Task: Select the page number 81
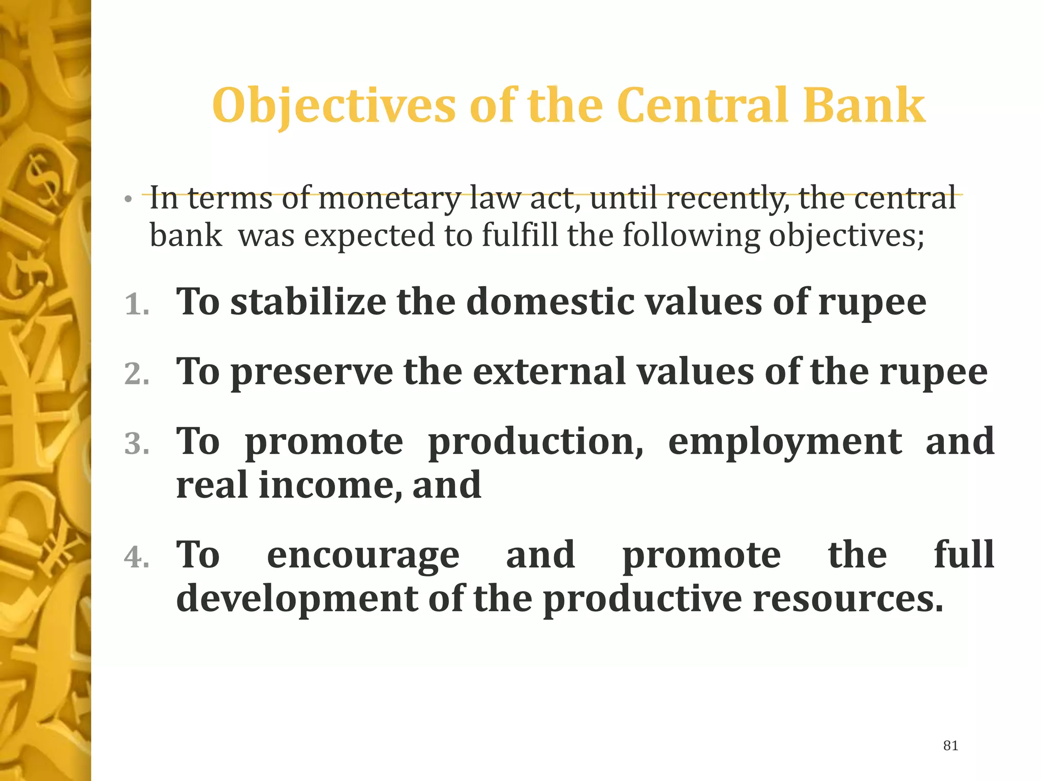(x=951, y=745)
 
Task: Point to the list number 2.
(x=136, y=375)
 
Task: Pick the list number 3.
(x=136, y=444)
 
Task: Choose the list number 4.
(x=136, y=557)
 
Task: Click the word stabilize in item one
(x=308, y=302)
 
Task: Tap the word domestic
(x=550, y=302)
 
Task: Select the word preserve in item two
(x=312, y=373)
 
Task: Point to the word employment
(x=785, y=441)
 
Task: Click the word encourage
(x=363, y=555)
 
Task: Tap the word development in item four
(x=297, y=599)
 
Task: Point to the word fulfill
(x=519, y=235)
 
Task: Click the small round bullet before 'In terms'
(x=129, y=199)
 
